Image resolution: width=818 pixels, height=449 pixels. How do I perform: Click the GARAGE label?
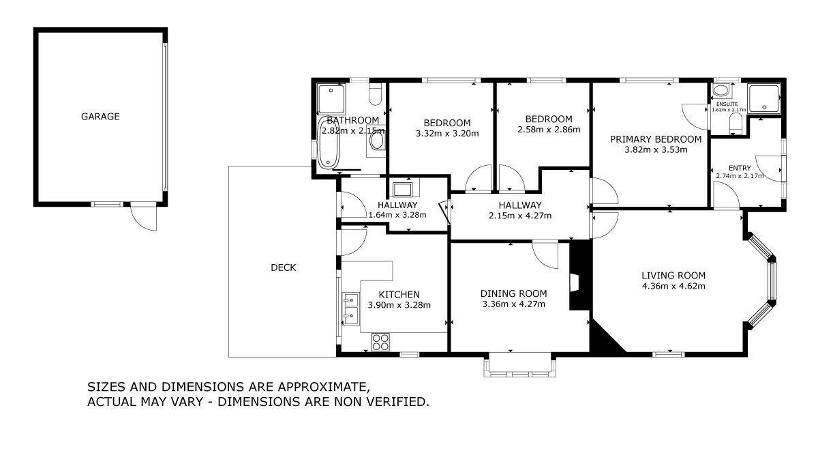(x=100, y=116)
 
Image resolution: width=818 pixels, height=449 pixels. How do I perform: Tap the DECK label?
(x=284, y=267)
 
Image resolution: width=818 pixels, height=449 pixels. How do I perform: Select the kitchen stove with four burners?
(x=380, y=343)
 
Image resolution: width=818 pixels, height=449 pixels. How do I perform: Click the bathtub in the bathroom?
(x=329, y=142)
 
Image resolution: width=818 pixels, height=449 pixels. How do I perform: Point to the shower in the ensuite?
(x=763, y=98)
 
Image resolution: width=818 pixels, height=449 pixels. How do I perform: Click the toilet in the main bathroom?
(x=375, y=94)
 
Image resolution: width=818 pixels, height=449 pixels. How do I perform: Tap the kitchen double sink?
(x=351, y=308)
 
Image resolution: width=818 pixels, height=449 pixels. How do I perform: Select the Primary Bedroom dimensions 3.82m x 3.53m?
(x=656, y=149)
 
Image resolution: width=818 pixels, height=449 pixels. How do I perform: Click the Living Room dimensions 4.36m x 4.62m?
(x=673, y=286)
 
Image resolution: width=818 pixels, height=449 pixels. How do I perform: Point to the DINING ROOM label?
(x=513, y=293)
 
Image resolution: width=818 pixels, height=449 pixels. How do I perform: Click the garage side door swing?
(x=144, y=218)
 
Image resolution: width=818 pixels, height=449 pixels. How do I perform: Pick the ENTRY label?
(x=740, y=168)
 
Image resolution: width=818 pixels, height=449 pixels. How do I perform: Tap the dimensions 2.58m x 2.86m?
(x=549, y=130)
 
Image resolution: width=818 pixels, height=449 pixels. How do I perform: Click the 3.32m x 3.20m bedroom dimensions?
(x=447, y=134)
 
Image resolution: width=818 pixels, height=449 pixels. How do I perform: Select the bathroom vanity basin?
(x=377, y=141)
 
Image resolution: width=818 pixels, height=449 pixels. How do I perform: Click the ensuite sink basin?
(x=721, y=90)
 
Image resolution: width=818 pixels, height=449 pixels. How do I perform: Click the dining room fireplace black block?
(x=580, y=275)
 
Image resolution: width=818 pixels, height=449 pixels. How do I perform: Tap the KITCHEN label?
(x=399, y=295)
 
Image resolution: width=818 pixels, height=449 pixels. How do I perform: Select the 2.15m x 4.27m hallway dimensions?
(x=520, y=216)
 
